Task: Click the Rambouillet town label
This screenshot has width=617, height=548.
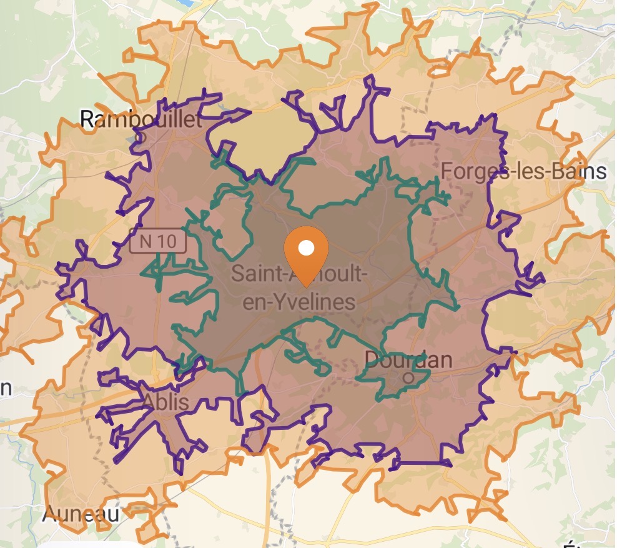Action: pyautogui.click(x=142, y=119)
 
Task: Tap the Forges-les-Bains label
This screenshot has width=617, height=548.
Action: pyautogui.click(x=523, y=171)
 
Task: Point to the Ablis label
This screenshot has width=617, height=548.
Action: pyautogui.click(x=166, y=402)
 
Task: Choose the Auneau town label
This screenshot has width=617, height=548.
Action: pyautogui.click(x=81, y=514)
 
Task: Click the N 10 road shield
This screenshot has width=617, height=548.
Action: pyautogui.click(x=158, y=242)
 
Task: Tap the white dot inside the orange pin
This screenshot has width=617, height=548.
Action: pyautogui.click(x=306, y=248)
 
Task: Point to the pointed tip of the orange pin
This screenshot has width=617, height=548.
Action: pyautogui.click(x=306, y=286)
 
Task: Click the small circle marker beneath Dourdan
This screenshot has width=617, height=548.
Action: pyautogui.click(x=408, y=377)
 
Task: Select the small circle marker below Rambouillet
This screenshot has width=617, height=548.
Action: pyautogui.click(x=140, y=136)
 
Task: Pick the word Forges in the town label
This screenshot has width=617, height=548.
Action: pyautogui.click(x=469, y=171)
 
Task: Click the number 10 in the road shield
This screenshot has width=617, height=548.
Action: pyautogui.click(x=167, y=242)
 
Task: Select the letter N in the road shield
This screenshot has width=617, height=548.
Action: pyautogui.click(x=146, y=242)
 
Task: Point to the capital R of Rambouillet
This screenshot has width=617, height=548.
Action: pyautogui.click(x=89, y=119)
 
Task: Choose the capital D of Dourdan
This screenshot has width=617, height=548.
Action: pyautogui.click(x=371, y=360)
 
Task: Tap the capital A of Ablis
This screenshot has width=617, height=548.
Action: pyautogui.click(x=151, y=402)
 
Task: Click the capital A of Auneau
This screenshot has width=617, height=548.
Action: pyautogui.click(x=49, y=514)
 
